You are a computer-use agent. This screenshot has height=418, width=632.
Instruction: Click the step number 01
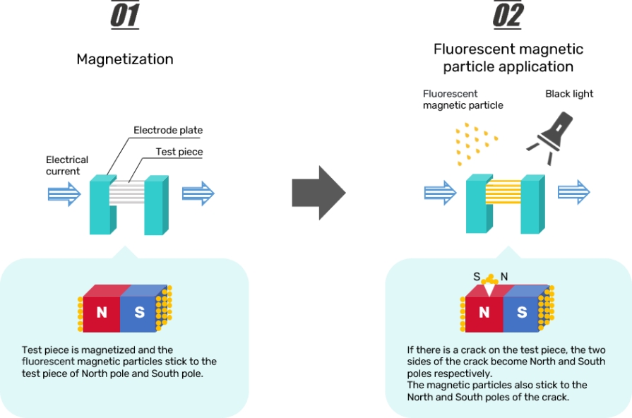pos(124,16)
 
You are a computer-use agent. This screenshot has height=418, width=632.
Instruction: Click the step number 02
pos(507,16)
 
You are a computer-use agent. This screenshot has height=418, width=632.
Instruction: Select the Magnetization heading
pos(125,59)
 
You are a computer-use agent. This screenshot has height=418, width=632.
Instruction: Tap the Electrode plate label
pos(168,131)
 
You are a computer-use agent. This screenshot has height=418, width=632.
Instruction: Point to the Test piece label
pos(179,152)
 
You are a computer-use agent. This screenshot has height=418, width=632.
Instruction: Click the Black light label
pos(569,94)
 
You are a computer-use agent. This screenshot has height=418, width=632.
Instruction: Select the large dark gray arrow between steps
pos(318,192)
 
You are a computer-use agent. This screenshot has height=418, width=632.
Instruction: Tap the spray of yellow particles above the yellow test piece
pos(472,143)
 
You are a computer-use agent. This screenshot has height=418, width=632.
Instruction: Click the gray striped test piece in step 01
pos(127,192)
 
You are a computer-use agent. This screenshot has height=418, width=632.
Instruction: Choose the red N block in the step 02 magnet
pos(484,312)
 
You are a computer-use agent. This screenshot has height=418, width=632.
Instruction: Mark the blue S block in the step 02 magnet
pos(522,312)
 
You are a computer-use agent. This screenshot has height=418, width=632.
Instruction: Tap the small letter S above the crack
pos(476,276)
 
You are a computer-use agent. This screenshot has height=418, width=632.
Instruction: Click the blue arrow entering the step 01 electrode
pos(64,193)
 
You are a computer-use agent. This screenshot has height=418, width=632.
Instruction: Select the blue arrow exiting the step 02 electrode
pos(573,191)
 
